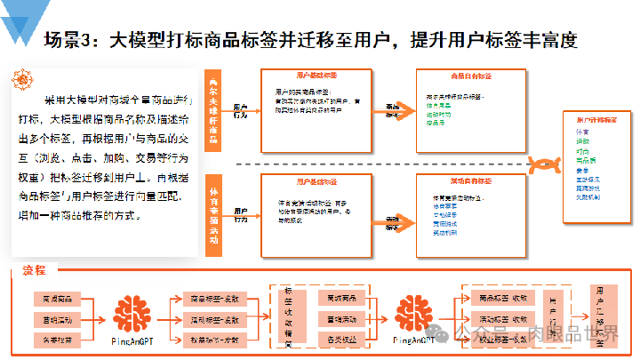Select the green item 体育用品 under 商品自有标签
tap(441, 105)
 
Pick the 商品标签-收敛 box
tap(502, 298)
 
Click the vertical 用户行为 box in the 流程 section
tap(556, 317)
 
